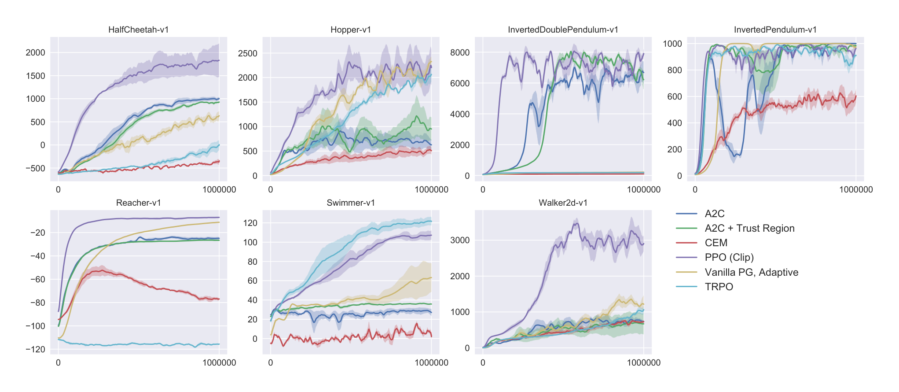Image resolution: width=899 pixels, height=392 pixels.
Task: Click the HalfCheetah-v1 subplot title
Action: (138, 30)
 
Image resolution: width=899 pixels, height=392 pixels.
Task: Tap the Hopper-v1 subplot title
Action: (351, 30)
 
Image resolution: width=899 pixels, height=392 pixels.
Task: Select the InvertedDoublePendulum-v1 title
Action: (563, 30)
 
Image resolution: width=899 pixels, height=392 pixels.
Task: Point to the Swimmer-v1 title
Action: (351, 203)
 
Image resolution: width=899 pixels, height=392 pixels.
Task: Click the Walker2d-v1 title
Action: (563, 203)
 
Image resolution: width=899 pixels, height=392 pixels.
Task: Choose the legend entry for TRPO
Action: (719, 287)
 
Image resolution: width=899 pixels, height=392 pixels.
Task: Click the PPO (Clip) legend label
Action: (729, 257)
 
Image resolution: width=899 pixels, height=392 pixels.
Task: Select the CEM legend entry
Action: (716, 243)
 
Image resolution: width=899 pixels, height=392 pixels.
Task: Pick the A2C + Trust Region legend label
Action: (749, 228)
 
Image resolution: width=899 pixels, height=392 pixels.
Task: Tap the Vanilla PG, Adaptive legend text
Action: (751, 272)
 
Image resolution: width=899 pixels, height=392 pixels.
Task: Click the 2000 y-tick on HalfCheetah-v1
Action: (35, 52)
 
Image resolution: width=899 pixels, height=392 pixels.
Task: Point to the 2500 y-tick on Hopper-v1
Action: (247, 53)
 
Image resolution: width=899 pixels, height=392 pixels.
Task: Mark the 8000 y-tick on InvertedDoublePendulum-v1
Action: (460, 52)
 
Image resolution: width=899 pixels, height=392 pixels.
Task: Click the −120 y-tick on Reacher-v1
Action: (35, 349)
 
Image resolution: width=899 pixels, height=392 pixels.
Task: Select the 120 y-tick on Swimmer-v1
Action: (250, 223)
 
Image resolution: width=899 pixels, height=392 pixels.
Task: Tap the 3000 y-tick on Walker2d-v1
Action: (460, 240)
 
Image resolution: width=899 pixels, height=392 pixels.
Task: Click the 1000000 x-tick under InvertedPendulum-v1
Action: (855, 189)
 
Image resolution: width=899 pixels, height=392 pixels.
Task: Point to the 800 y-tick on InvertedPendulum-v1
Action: (675, 70)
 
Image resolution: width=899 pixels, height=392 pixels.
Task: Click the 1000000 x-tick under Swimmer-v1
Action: (431, 362)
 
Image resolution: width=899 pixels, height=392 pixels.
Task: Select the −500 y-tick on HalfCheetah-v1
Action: (35, 168)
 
